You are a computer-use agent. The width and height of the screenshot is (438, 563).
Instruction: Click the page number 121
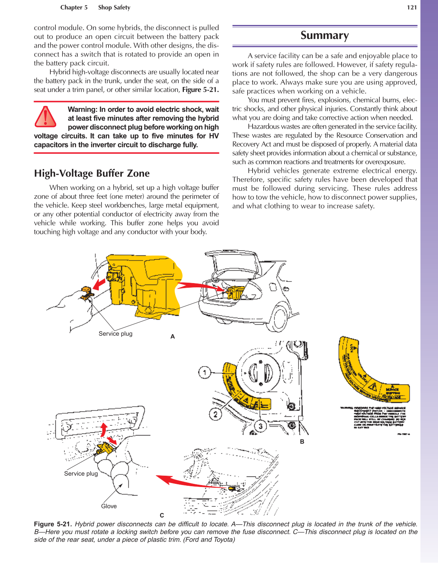412,7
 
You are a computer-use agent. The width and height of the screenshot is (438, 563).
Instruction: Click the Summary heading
324,35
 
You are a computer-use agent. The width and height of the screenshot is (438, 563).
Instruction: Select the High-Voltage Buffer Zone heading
92,174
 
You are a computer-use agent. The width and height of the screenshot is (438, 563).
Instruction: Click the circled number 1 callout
204,372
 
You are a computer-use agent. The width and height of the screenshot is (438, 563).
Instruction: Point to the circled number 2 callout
215,414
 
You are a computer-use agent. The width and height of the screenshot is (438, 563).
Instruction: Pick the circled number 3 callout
260,426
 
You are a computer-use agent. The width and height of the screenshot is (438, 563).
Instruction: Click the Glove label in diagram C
109,506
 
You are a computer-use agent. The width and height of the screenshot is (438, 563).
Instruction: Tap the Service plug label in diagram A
116,334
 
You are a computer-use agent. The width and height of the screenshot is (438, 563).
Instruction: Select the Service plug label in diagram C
81,474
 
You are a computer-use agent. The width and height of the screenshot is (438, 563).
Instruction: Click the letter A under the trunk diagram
173,336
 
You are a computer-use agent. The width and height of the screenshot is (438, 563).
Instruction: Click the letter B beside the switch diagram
302,442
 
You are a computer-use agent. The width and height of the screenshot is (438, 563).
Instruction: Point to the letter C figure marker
162,515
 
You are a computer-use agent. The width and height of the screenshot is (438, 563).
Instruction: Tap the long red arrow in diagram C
187,482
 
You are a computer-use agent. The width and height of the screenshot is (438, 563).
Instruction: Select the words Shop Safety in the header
114,7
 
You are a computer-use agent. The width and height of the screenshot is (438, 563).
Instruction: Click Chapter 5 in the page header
74,7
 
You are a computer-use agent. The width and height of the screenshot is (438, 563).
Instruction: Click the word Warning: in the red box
82,110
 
